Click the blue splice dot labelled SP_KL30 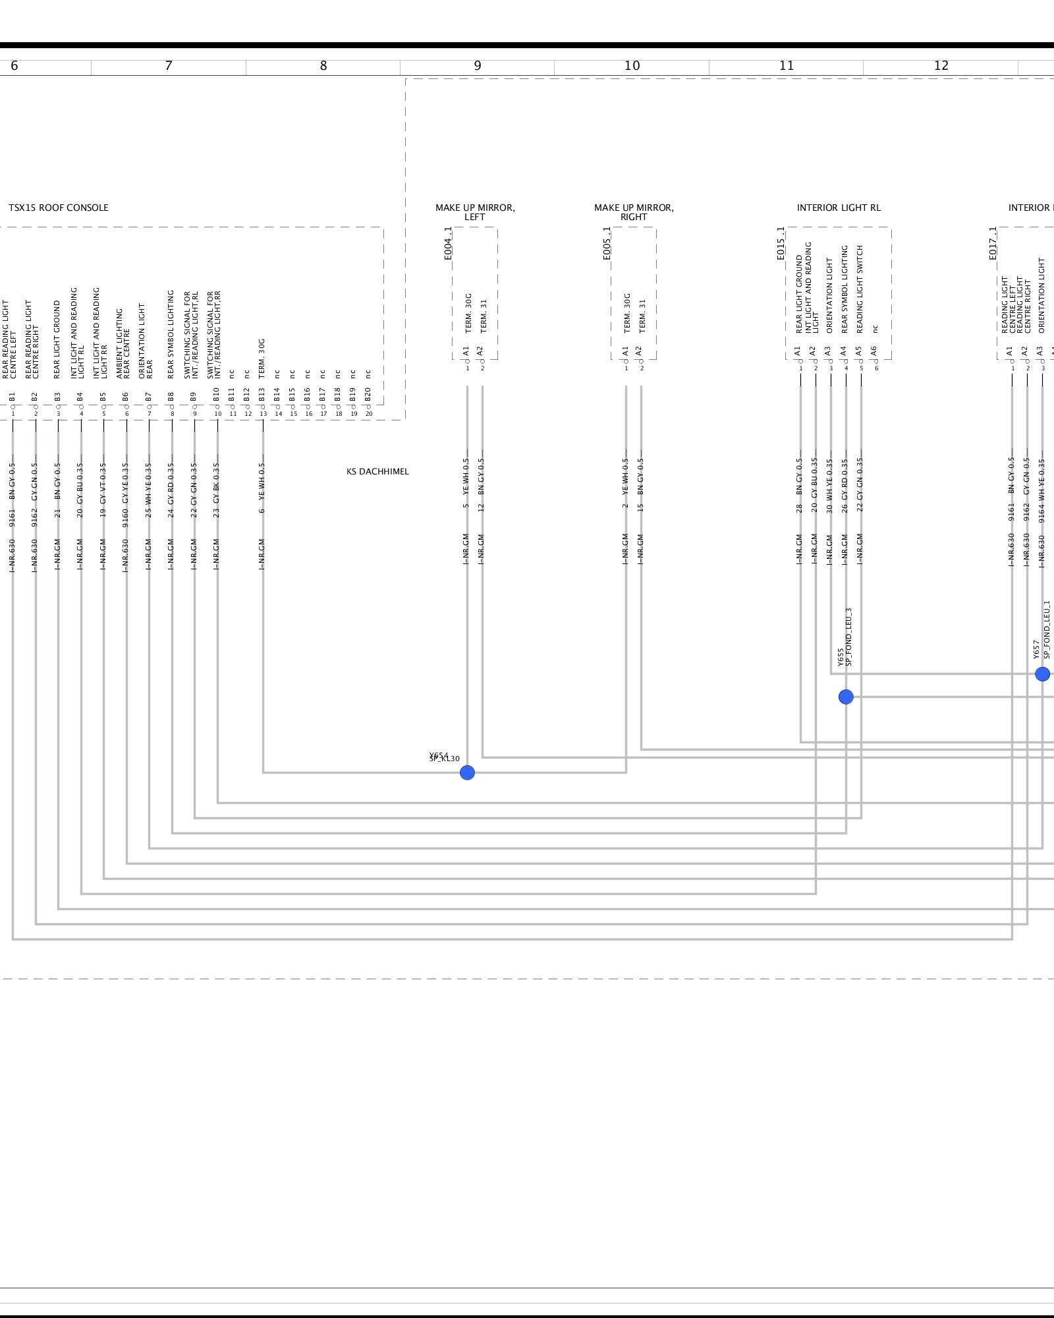point(467,772)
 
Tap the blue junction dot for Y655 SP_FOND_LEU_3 point(846,697)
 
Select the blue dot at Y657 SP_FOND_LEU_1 point(1042,674)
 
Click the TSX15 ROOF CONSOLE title point(58,208)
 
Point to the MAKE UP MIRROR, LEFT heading point(475,212)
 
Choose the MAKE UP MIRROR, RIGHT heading point(634,212)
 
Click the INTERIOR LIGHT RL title point(839,208)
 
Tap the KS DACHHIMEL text point(377,472)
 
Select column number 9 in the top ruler point(478,66)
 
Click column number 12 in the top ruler point(941,66)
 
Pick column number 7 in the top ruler point(169,66)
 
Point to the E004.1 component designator point(449,244)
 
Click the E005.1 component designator point(607,244)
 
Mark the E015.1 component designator point(781,244)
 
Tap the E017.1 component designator point(993,244)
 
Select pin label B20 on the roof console point(368,395)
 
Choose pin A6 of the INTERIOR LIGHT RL point(874,351)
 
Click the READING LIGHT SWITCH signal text point(860,289)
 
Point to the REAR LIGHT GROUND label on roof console point(57,339)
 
